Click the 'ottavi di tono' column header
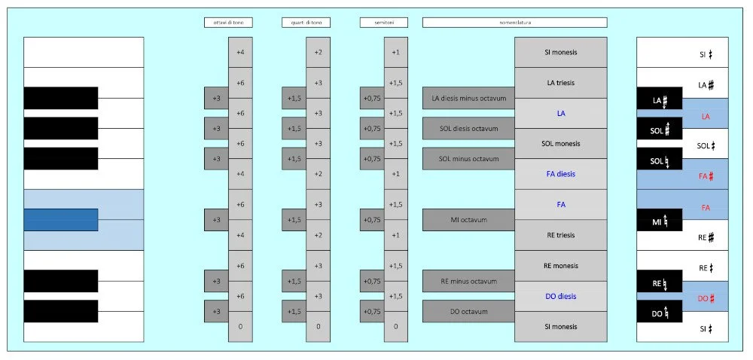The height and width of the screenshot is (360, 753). click(228, 23)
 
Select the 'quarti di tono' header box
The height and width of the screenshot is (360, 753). click(306, 23)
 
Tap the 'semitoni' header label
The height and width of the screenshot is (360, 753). click(384, 23)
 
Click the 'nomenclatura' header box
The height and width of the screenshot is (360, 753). click(514, 23)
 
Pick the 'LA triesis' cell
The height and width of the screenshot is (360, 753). click(561, 82)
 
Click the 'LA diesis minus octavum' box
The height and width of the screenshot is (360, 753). click(468, 98)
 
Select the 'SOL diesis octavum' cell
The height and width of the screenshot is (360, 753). click(468, 128)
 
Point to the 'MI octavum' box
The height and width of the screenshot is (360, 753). click(468, 220)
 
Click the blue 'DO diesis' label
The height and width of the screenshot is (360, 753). click(561, 296)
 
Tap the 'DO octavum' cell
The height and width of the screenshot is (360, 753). click(468, 311)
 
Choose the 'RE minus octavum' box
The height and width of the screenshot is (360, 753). click(468, 281)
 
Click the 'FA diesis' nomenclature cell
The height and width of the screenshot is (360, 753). click(561, 174)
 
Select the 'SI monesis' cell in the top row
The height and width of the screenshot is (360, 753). click(561, 52)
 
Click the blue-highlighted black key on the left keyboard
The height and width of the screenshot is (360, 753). click(61, 220)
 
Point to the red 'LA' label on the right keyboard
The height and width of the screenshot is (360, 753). click(706, 116)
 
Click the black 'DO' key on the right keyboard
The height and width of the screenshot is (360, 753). click(660, 312)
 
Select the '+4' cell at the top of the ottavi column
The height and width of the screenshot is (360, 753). click(240, 52)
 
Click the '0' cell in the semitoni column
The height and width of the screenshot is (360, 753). click(395, 327)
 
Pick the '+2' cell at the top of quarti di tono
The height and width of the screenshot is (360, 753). click(318, 52)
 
